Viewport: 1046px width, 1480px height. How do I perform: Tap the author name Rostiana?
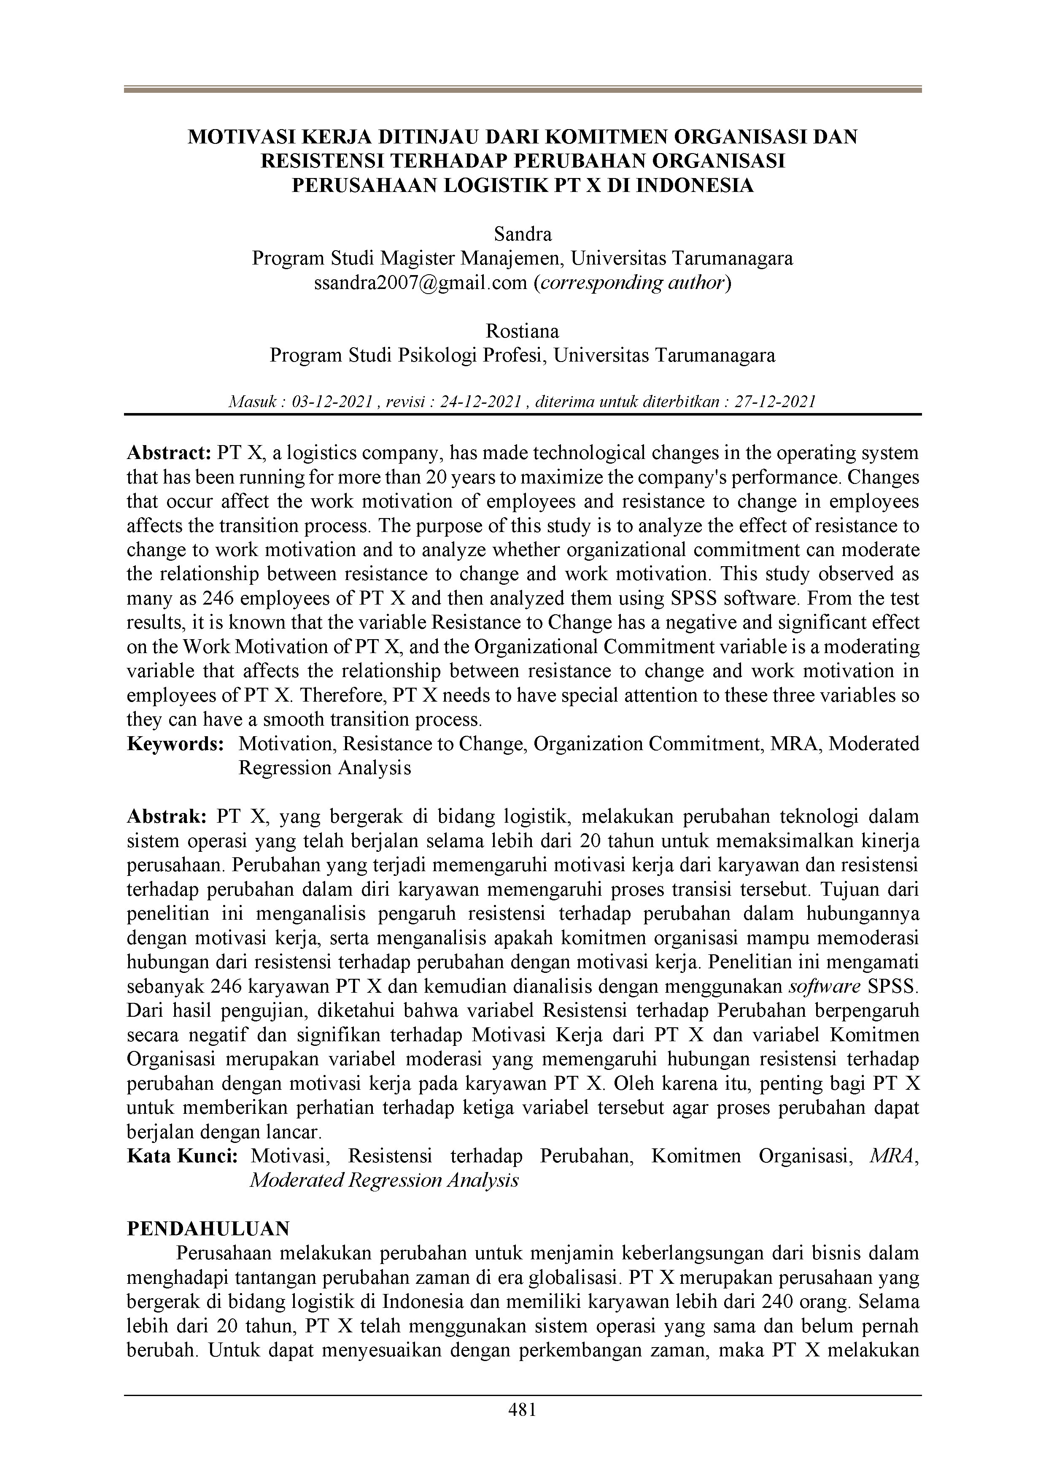point(522,331)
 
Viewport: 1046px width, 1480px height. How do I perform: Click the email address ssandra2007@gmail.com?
point(420,283)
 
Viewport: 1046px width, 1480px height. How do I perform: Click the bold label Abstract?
point(169,453)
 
